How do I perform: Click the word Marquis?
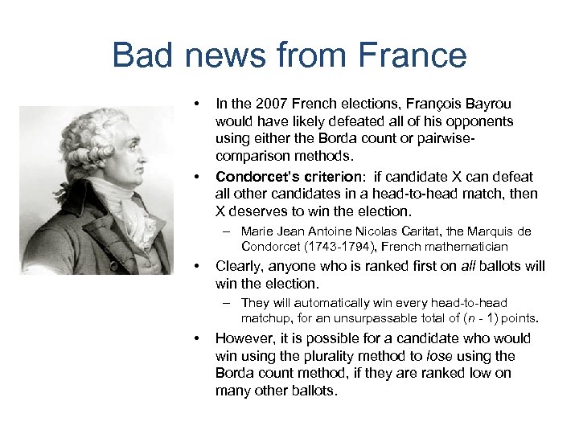(x=489, y=231)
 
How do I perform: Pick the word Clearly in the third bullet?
(x=239, y=266)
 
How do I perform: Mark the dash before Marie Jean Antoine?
(x=228, y=231)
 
